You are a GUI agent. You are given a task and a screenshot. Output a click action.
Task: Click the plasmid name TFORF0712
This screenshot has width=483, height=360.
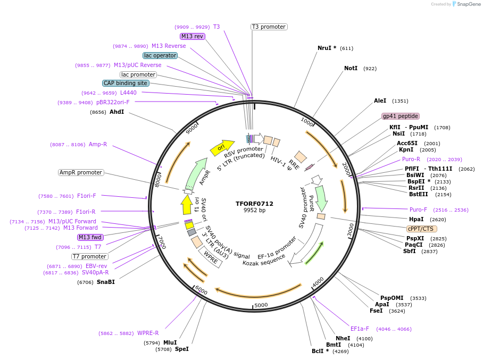tap(254, 204)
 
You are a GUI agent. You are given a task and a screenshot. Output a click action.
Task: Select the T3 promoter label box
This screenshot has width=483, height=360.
tap(269, 27)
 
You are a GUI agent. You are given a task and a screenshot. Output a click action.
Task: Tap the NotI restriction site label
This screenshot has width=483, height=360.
tap(351, 68)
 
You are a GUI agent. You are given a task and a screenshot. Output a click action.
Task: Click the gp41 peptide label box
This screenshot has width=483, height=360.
tap(401, 116)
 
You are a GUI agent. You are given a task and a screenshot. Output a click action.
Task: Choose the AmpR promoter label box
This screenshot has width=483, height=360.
tap(81, 172)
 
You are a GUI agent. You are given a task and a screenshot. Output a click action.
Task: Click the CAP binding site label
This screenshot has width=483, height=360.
tap(126, 83)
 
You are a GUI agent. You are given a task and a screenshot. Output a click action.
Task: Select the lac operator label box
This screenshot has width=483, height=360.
tap(160, 55)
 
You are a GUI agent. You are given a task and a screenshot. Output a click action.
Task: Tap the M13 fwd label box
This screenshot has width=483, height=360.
tap(90, 237)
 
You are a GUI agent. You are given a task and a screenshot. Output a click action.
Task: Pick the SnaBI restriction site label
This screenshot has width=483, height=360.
tap(105, 282)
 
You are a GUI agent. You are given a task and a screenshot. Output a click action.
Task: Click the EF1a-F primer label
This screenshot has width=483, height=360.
tap(360, 329)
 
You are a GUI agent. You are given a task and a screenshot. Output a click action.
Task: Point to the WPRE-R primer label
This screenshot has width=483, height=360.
tap(148, 333)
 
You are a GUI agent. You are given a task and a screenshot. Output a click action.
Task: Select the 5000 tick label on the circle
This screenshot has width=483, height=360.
tap(261, 305)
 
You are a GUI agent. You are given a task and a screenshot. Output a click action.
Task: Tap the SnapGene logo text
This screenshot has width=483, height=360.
tap(469, 4)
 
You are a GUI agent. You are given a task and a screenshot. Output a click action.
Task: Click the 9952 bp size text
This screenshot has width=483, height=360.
tap(254, 211)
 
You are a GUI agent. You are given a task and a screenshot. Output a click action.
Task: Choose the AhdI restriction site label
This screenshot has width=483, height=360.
tap(116, 112)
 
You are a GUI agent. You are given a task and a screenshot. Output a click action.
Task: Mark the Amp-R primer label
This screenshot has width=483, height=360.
tap(98, 144)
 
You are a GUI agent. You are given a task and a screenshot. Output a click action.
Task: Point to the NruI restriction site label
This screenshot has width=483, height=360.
tap(327, 48)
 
